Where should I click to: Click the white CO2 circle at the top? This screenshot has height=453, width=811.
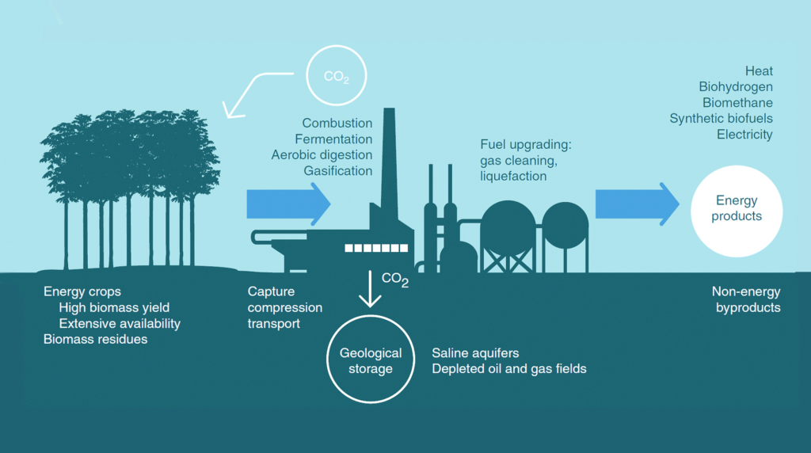pos(337,76)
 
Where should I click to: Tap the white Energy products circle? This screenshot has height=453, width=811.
pos(737,209)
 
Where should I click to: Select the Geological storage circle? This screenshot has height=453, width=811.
pos(371,361)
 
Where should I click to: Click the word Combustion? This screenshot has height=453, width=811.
pos(337,124)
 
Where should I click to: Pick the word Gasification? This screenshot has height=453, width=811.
pos(337,171)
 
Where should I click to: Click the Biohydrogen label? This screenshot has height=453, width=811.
pos(736,87)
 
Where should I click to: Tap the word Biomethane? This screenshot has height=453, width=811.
pos(737,103)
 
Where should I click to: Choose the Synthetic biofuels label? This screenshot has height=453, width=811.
pos(721,119)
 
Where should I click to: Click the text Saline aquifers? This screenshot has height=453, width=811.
pos(475,353)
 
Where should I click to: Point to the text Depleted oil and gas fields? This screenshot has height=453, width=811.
pos(509,369)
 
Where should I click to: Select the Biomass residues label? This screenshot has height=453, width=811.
pos(95,340)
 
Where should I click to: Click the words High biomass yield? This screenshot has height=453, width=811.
pos(114,308)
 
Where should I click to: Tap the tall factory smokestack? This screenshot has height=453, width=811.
pos(389,158)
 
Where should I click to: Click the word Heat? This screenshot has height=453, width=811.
pos(759,71)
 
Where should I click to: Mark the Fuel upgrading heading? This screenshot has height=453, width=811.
pos(525,145)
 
